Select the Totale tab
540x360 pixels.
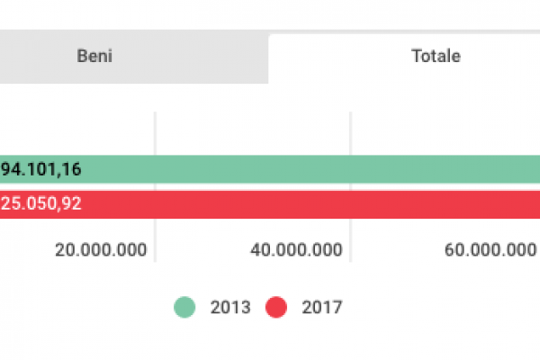point(436,56)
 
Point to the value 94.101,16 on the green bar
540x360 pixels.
point(40,168)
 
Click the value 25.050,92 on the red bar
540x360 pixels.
point(40,203)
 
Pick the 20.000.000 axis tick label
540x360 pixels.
point(100,249)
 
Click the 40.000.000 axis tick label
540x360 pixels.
point(296,249)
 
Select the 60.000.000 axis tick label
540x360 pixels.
point(490,249)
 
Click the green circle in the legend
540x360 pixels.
point(184,307)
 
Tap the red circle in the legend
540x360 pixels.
point(276,307)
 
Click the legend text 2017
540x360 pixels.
point(321,307)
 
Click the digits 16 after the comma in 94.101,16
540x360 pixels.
point(72,168)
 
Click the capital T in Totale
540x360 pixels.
point(416,56)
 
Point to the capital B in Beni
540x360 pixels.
point(81,56)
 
